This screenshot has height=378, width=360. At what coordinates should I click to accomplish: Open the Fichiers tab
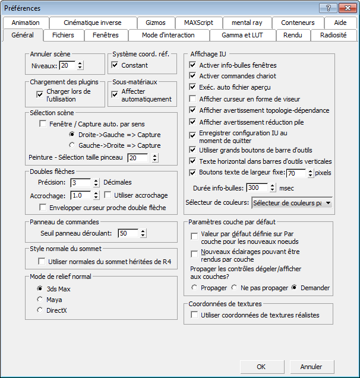point(63,35)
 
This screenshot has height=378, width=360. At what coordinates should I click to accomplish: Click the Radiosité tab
point(333,35)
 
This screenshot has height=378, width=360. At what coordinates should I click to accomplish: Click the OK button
point(261,367)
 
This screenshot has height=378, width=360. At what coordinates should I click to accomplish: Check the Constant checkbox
point(115,65)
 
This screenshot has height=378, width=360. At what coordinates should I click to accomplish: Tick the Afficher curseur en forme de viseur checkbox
point(192,99)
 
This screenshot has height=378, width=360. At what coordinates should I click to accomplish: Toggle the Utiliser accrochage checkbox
point(108,195)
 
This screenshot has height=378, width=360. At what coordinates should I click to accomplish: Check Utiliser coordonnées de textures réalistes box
point(194,315)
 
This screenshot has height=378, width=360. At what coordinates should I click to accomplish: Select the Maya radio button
point(40,300)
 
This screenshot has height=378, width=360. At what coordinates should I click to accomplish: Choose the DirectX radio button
point(40,310)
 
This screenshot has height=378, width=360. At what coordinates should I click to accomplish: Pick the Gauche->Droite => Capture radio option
point(72,145)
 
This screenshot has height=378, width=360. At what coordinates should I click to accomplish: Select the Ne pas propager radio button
point(235,288)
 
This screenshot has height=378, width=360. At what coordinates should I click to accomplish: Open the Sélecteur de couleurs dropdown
point(292,203)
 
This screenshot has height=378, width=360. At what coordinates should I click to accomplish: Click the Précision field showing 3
point(80,183)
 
